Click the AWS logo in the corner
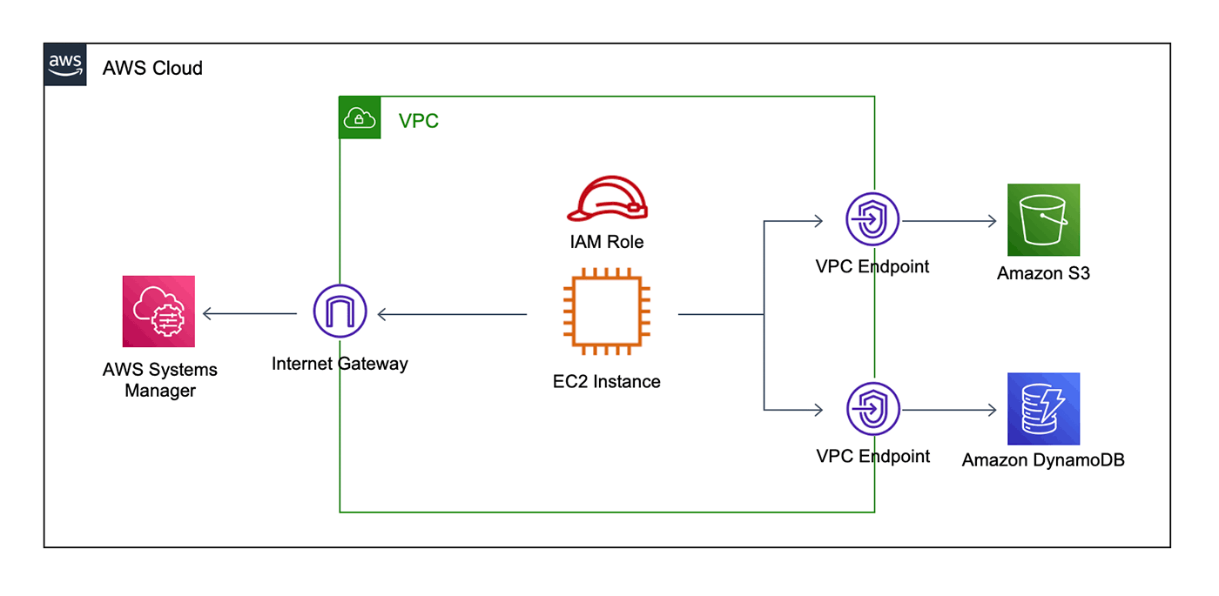coord(65,64)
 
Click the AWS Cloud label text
coord(152,68)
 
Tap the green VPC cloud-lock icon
coord(360,117)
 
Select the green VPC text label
coord(419,121)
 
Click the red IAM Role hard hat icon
coord(607,199)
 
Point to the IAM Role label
coord(607,242)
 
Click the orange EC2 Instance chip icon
coord(606,314)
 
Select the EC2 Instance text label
coord(606,381)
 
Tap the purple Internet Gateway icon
coord(340,311)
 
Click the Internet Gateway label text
coord(340,364)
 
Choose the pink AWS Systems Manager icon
coord(158,311)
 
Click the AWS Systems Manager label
coord(160,380)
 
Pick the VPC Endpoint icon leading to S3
coord(872,219)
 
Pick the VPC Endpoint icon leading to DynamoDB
coord(872,409)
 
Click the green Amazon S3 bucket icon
coord(1043,219)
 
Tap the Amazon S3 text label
coord(1043,273)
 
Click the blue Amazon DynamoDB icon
coord(1043,409)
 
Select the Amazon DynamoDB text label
coord(1043,460)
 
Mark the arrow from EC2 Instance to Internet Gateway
coord(453,314)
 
